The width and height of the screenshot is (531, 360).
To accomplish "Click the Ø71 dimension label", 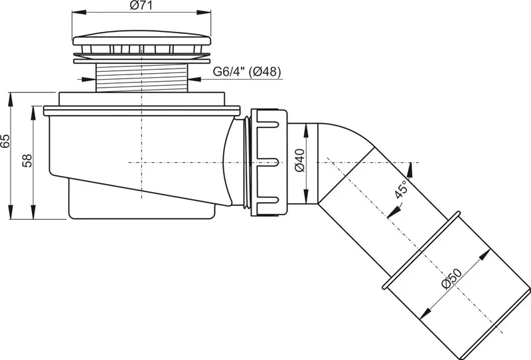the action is (141, 5).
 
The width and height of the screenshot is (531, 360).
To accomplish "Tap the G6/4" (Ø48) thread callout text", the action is (247, 72).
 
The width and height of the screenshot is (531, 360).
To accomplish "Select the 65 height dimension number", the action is (5, 141).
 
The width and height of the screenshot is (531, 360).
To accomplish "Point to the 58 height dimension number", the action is (27, 160).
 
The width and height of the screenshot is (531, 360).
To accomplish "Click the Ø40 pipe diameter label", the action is (300, 160).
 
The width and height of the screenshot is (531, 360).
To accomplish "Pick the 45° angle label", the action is (401, 189).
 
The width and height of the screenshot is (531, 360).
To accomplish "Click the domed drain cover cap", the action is (142, 38).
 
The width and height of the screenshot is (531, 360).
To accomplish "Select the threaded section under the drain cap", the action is (141, 77).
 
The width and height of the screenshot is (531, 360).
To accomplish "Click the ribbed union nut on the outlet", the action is (269, 162).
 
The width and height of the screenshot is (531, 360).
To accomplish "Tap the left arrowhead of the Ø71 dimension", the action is (78, 13).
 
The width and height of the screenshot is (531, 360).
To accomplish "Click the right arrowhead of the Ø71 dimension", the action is (204, 13).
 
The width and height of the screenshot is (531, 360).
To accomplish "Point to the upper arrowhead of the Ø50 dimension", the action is (486, 254).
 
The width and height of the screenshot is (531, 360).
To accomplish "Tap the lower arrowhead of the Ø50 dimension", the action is (425, 314).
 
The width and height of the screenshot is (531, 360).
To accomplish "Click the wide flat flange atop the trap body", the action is (142, 110).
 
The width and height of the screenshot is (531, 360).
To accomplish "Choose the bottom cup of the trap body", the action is (141, 200).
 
